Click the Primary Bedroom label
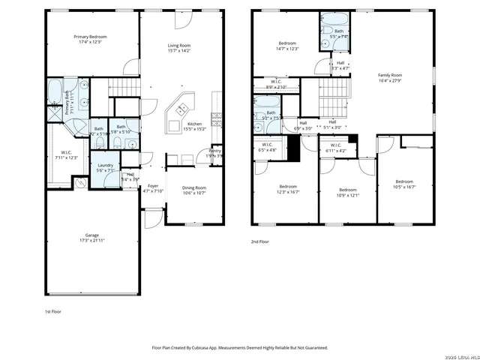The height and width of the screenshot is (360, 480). [89, 37]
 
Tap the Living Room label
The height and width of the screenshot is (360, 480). [179, 46]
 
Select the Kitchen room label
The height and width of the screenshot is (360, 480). [194, 124]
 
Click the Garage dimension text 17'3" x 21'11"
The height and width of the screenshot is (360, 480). [89, 239]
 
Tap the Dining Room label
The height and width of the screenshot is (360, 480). [194, 188]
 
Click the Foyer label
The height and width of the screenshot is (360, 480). [153, 186]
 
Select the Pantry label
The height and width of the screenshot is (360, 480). [214, 151]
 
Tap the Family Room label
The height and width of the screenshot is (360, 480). [389, 75]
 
